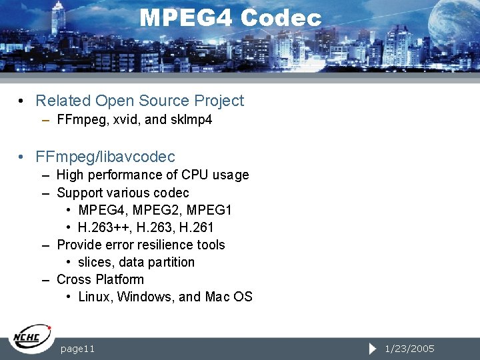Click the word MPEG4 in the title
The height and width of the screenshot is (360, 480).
(x=186, y=18)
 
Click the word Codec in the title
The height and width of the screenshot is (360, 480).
(x=281, y=18)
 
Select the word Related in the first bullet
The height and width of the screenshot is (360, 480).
(x=63, y=101)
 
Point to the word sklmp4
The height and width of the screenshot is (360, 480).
(x=192, y=121)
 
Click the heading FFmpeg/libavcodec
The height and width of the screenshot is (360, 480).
(x=105, y=157)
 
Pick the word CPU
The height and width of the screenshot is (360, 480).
(x=196, y=175)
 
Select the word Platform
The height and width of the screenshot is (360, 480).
(x=119, y=279)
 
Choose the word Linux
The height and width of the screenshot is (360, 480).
(x=95, y=297)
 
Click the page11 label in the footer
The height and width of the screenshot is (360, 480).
(x=77, y=349)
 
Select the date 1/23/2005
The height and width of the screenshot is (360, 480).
(x=410, y=349)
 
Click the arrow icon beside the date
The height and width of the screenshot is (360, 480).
(x=373, y=349)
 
